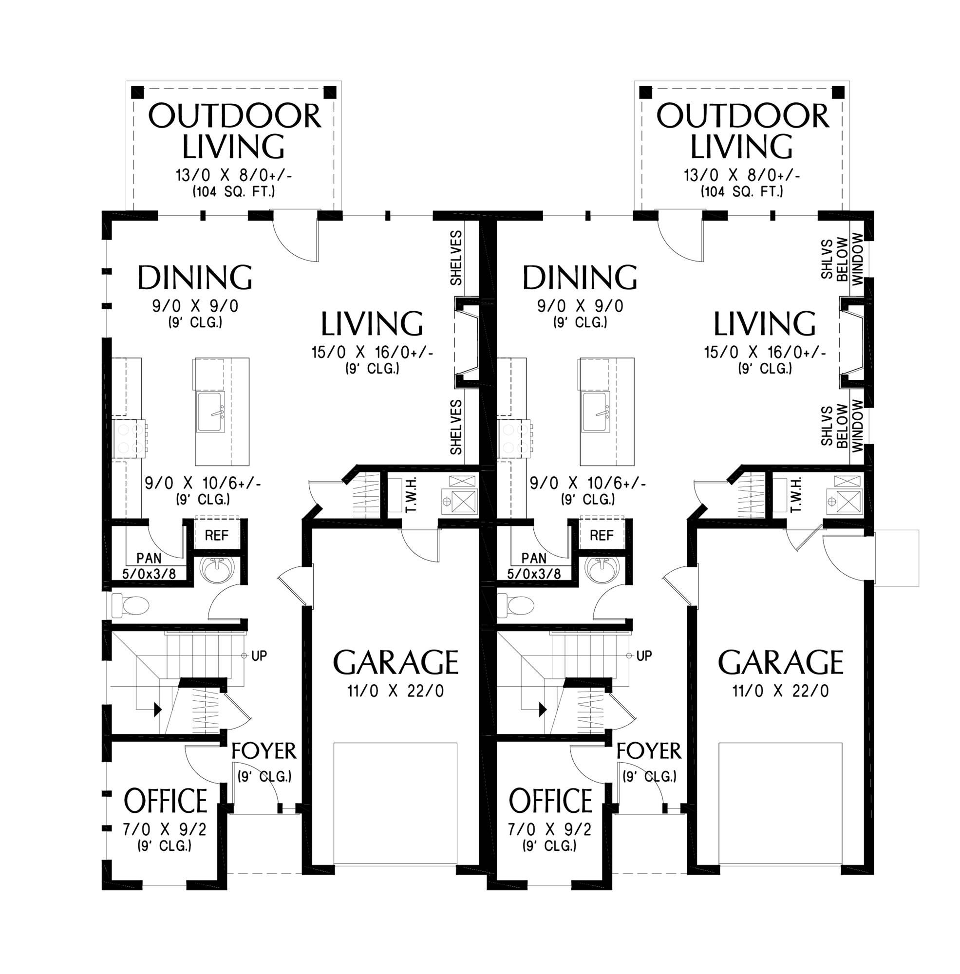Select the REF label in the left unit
click(x=216, y=535)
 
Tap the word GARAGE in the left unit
click(x=396, y=662)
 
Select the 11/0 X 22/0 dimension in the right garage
click(x=780, y=691)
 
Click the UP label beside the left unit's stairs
click(x=259, y=656)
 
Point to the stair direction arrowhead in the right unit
click(x=543, y=710)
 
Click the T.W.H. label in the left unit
click(x=411, y=495)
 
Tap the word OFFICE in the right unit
click(x=550, y=801)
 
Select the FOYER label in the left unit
click(x=264, y=751)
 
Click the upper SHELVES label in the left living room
click(x=456, y=258)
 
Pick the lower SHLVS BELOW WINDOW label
click(x=842, y=426)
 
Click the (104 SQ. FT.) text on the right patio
click(x=742, y=191)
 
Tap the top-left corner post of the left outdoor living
click(x=137, y=92)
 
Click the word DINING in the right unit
click(x=579, y=278)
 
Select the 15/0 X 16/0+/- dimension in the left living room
click(x=372, y=352)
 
